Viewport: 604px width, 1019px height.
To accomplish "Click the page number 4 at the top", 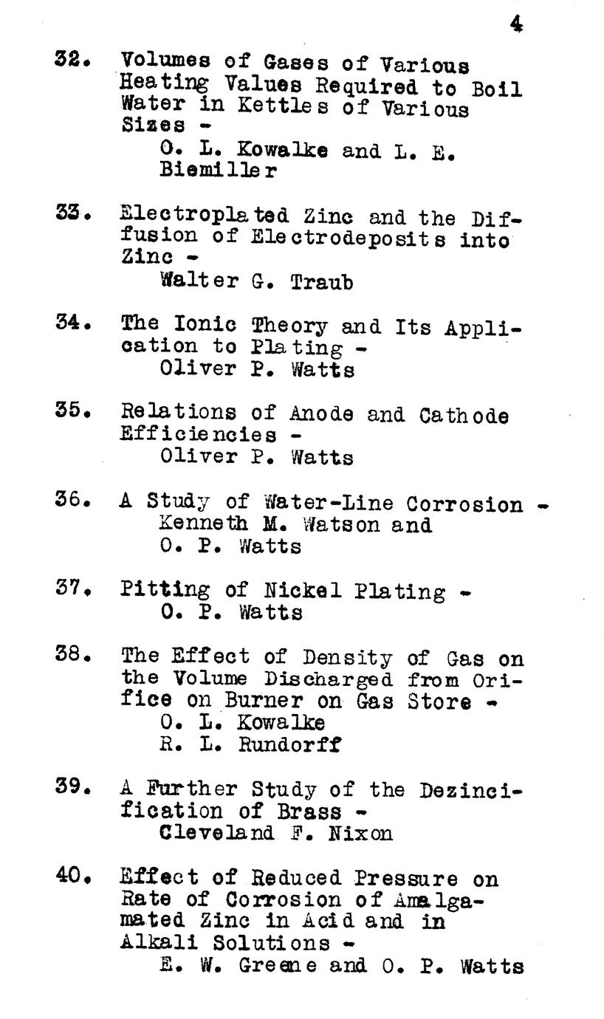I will click(x=516, y=24).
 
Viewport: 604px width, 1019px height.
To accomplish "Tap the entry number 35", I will click(x=72, y=411).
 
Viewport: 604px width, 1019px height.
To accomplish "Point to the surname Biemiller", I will click(x=219, y=171).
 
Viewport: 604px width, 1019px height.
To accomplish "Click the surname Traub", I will click(x=321, y=281).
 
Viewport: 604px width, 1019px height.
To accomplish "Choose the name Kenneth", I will click(x=197, y=525).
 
